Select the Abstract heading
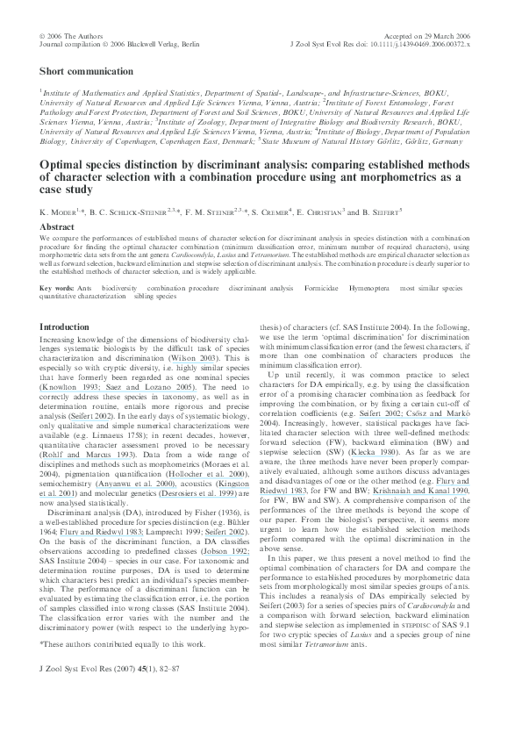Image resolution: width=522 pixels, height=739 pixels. coord(58,226)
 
